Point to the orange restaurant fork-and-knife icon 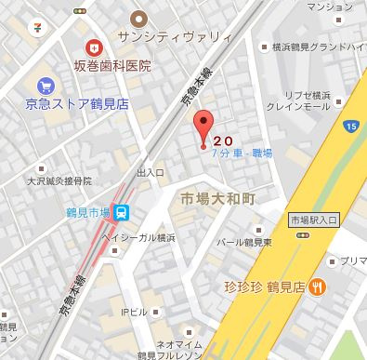318,287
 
